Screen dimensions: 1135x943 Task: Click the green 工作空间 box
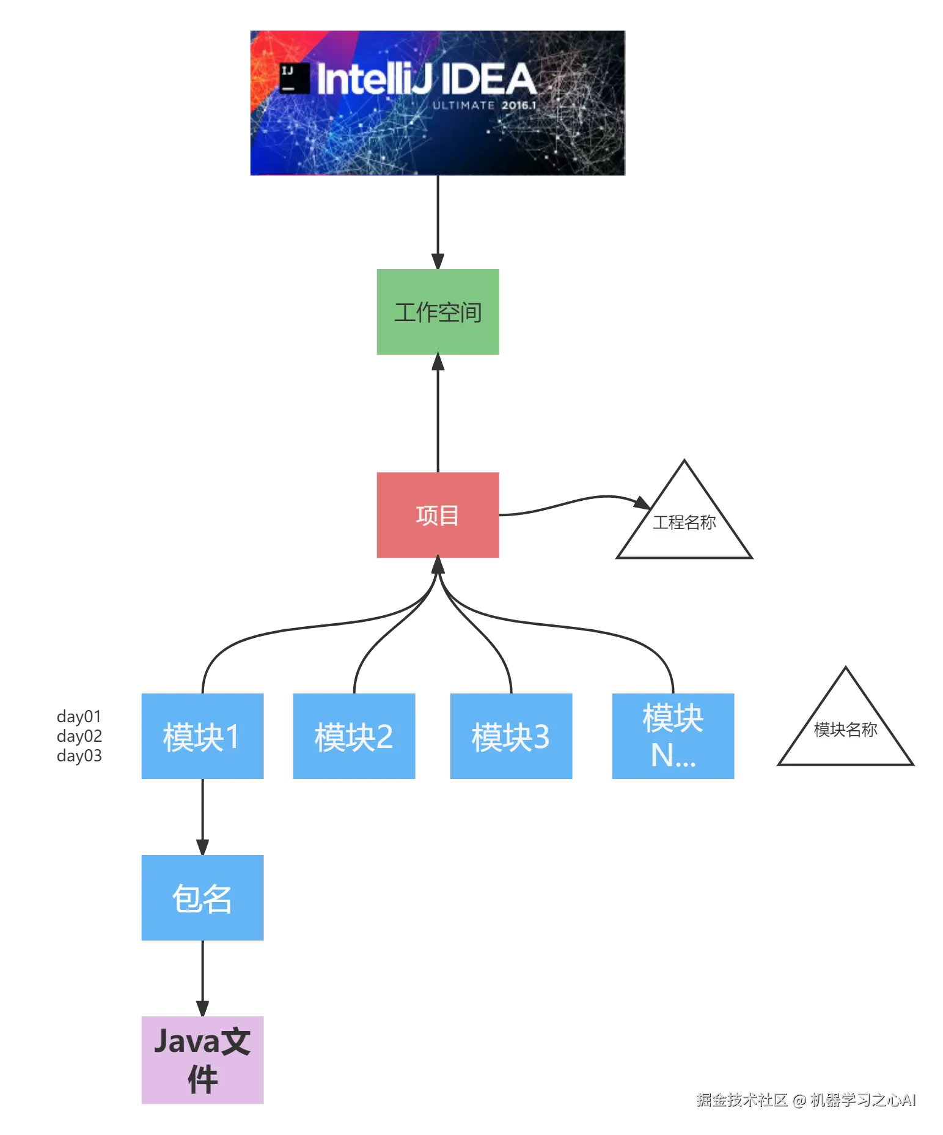click(439, 312)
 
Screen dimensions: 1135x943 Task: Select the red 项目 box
click(439, 516)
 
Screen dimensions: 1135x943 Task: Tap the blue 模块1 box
click(200, 736)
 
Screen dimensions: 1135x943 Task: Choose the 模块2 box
click(352, 736)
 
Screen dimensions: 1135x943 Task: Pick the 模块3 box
click(513, 736)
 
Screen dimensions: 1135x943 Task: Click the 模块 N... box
click(674, 736)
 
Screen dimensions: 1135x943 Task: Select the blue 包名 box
click(200, 897)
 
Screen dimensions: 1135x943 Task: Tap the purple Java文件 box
click(200, 1059)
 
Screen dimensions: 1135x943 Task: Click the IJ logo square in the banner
click(295, 78)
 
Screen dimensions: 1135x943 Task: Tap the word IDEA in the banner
click(488, 79)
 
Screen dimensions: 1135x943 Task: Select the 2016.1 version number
click(518, 105)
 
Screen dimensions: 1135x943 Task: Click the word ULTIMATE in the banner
click(463, 105)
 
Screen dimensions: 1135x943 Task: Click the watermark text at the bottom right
click(805, 1099)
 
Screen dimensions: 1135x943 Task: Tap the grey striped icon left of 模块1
click(78, 738)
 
